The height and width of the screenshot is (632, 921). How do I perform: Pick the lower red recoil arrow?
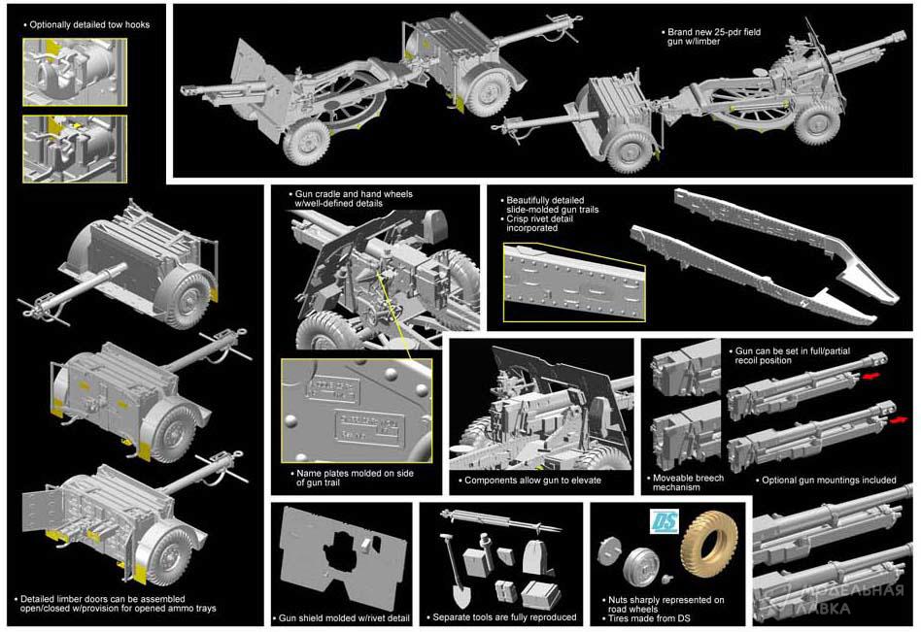(x=901, y=419)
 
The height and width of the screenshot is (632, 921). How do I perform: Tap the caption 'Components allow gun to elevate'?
(x=532, y=481)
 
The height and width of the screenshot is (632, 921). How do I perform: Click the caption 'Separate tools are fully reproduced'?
(x=505, y=616)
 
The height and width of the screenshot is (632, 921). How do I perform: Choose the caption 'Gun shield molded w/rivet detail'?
(x=342, y=617)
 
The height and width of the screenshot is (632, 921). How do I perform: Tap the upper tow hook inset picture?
(x=75, y=74)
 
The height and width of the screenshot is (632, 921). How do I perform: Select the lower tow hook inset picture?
(x=75, y=149)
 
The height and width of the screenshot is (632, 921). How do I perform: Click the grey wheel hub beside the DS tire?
(x=639, y=566)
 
